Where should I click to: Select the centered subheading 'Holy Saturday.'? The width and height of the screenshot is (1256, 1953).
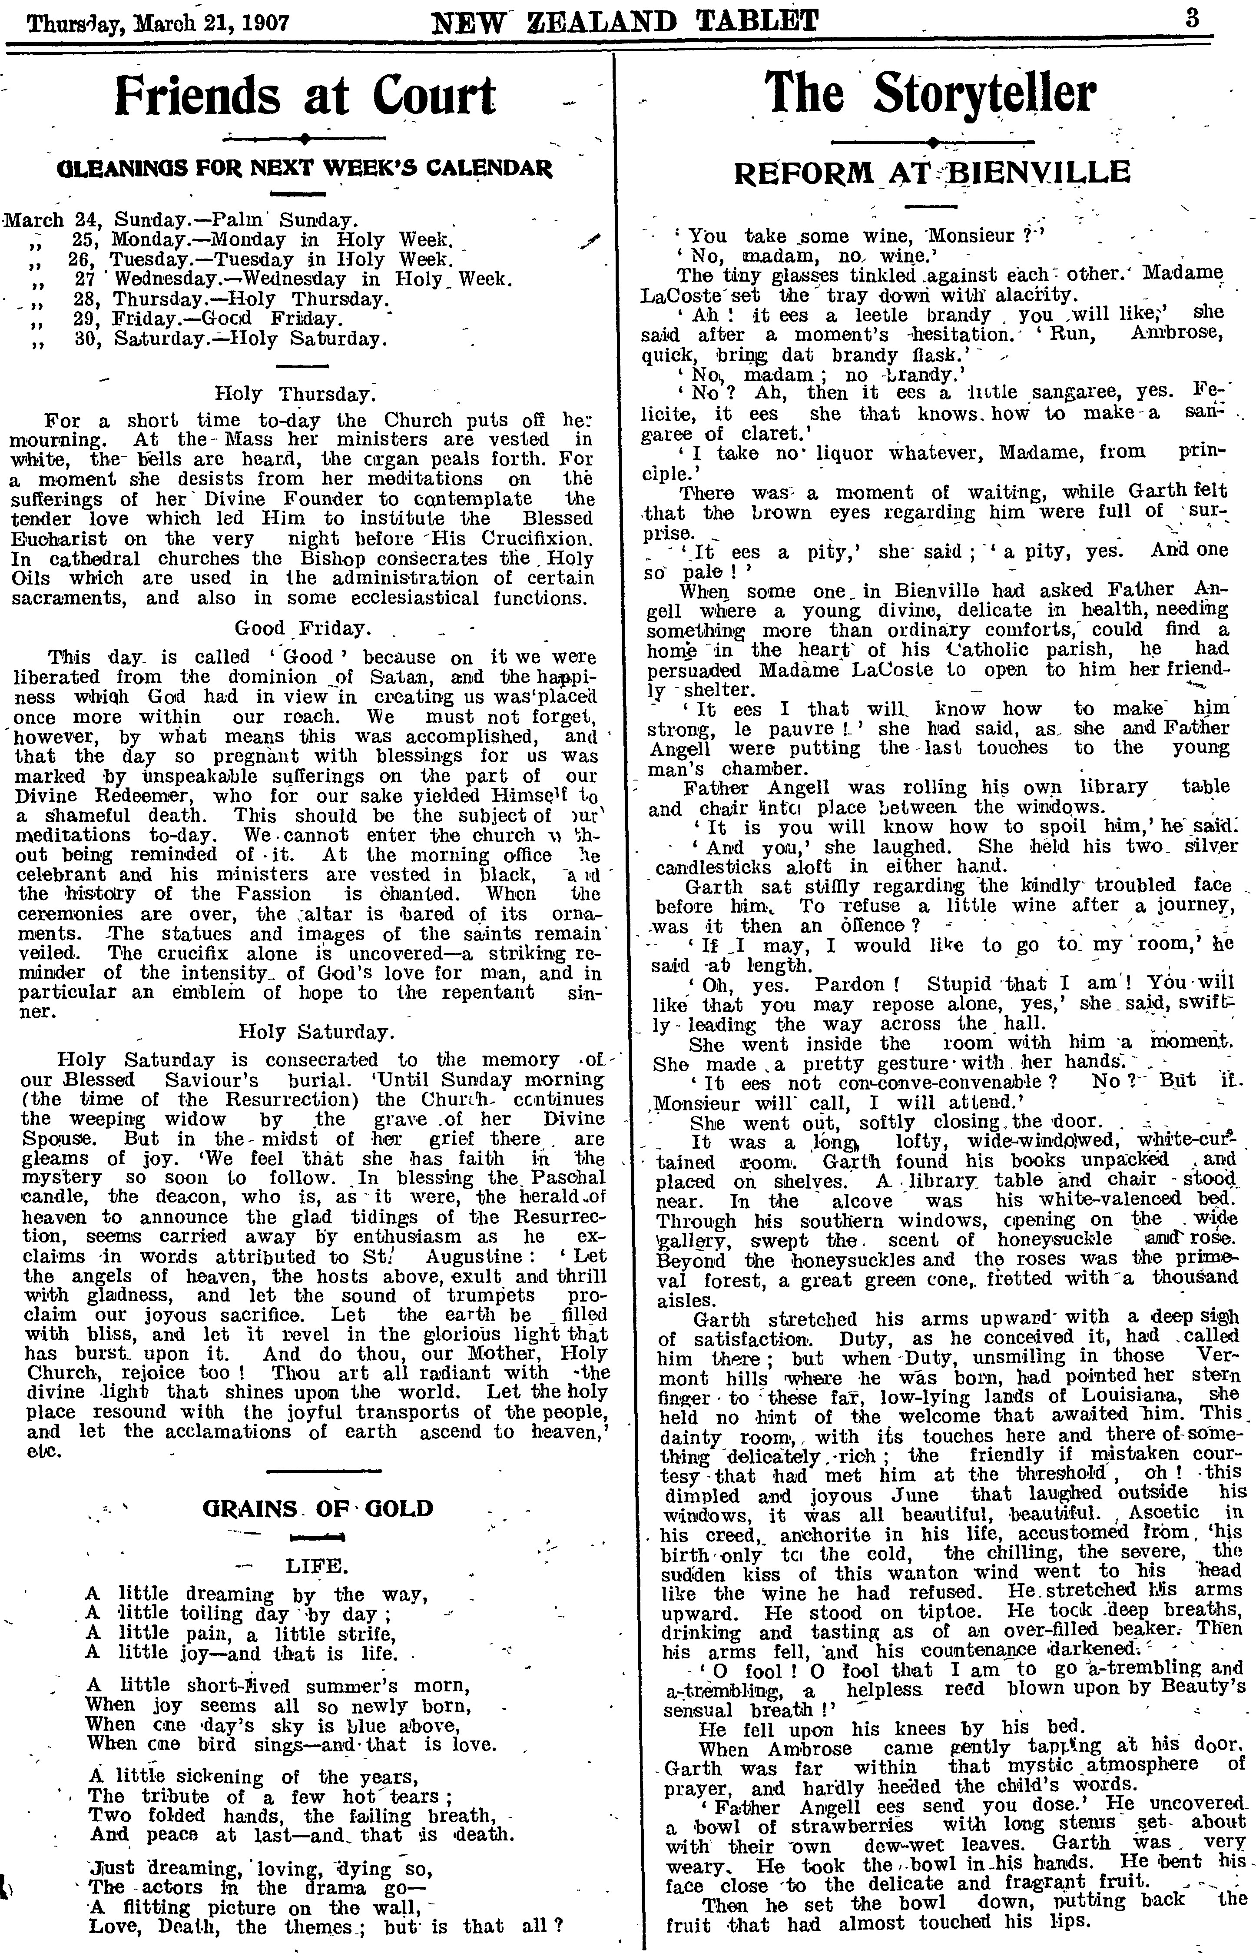click(316, 1032)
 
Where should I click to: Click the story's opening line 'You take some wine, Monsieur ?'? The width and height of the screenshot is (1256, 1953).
click(861, 236)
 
